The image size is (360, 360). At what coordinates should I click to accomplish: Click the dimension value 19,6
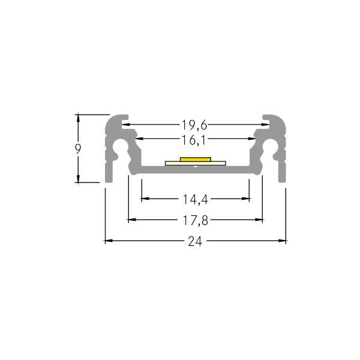pyautogui.click(x=194, y=125)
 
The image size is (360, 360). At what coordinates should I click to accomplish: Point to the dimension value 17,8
pyautogui.click(x=196, y=220)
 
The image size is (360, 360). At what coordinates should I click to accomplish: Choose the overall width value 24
pyautogui.click(x=195, y=242)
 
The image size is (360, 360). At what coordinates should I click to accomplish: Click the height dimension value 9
pyautogui.click(x=78, y=148)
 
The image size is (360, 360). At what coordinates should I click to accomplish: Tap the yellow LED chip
pyautogui.click(x=195, y=160)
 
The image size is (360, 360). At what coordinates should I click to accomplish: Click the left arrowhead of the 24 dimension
pyautogui.click(x=108, y=241)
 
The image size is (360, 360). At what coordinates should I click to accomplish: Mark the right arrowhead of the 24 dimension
pyautogui.click(x=283, y=241)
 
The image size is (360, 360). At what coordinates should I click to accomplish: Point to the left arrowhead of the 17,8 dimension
pyautogui.click(x=131, y=220)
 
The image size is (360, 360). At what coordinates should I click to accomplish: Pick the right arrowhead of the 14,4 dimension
pyautogui.click(x=247, y=197)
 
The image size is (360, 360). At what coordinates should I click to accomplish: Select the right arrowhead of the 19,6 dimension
pyautogui.click(x=263, y=125)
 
